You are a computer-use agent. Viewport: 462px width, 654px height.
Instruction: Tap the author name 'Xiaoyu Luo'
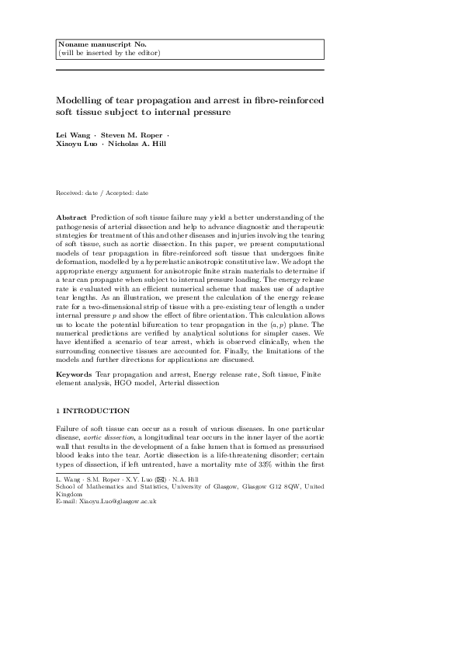pos(77,144)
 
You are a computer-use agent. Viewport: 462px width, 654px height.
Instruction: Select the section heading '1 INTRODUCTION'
pos(93,410)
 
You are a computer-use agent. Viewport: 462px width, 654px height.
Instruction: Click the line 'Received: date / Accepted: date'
pos(102,192)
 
